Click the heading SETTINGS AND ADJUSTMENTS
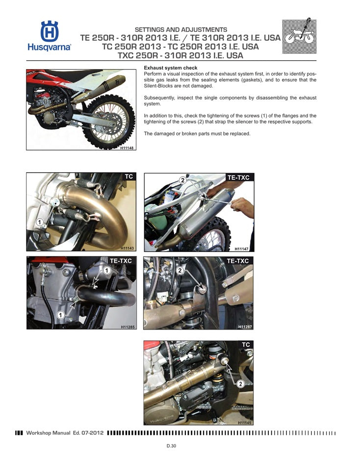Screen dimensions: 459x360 (180, 30)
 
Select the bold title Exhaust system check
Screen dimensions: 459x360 (170, 68)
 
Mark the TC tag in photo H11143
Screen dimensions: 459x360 (129, 177)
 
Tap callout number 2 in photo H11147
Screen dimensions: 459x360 (182, 180)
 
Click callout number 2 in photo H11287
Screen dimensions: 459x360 (180, 270)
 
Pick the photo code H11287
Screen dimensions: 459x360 (245, 326)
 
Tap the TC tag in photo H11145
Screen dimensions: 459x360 (246, 345)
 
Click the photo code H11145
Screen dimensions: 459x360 (245, 422)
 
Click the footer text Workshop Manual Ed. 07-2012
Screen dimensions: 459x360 (64, 433)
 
